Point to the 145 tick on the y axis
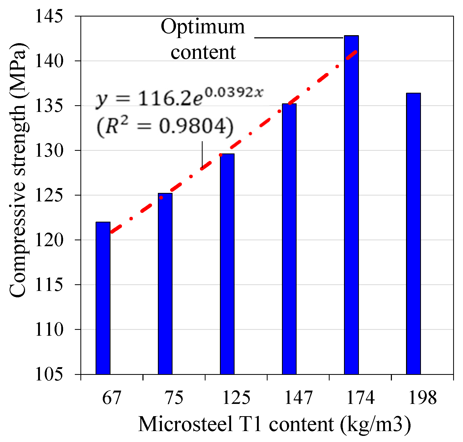tap(49, 16)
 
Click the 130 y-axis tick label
tap(49, 151)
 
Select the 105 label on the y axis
tap(49, 374)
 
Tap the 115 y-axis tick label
tap(49, 285)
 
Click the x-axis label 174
tap(360, 398)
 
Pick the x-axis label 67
tap(112, 398)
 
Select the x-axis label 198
tap(422, 398)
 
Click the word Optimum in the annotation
tap(203, 27)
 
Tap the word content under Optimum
tap(203, 52)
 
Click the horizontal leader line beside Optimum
tap(298, 38)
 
